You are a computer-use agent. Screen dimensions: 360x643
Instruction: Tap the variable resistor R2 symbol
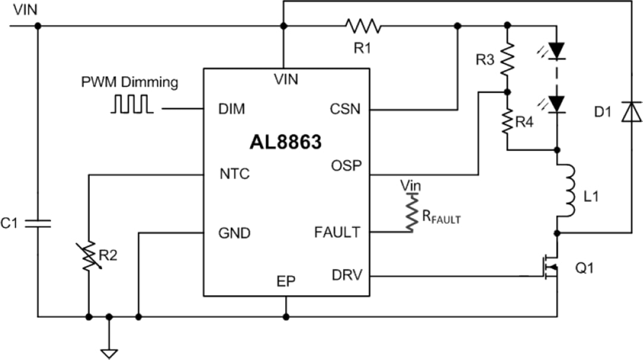click(88, 256)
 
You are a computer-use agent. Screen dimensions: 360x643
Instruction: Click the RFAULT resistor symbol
click(411, 212)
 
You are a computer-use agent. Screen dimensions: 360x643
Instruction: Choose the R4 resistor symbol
click(507, 121)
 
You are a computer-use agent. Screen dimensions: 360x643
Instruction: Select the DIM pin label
click(232, 109)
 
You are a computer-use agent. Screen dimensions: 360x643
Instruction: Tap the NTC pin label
click(234, 174)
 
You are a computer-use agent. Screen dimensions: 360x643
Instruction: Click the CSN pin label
click(345, 109)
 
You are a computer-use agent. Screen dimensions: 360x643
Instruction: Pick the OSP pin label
click(346, 165)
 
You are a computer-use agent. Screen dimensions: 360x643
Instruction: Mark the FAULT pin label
click(337, 232)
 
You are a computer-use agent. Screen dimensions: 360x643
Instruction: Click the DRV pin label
click(346, 276)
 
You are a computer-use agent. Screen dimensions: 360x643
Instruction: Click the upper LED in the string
click(557, 51)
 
